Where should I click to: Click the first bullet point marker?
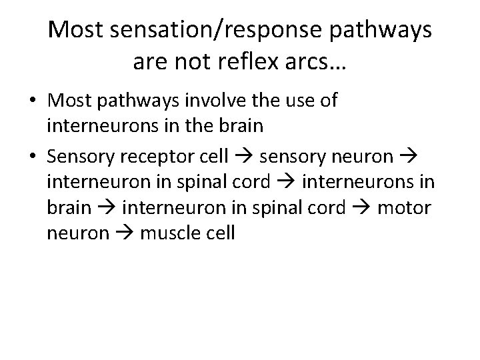(32, 103)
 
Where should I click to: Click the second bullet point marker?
(32, 157)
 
